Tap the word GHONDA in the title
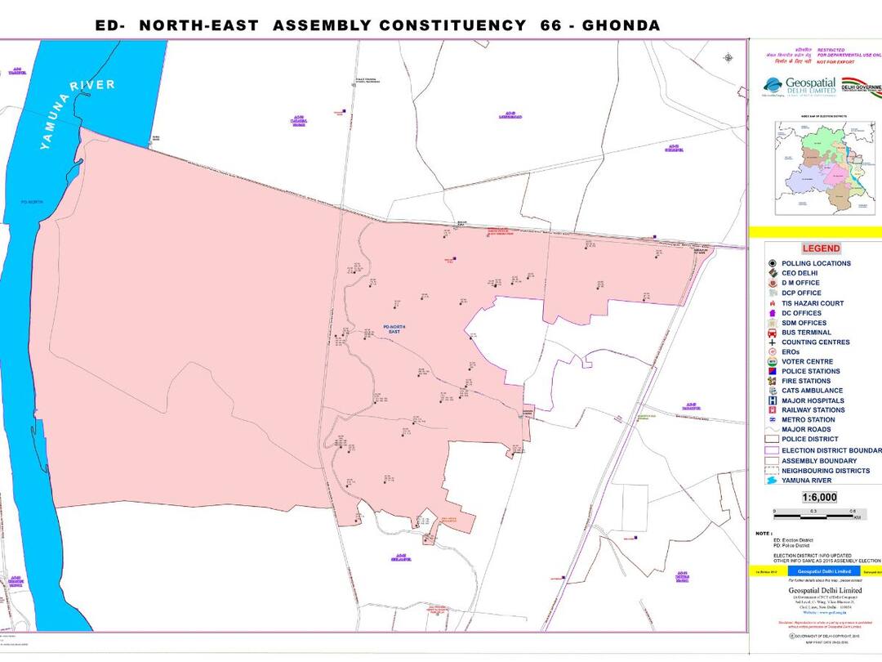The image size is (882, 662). point(620,25)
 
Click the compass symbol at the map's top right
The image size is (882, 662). point(728,57)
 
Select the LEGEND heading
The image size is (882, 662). point(820,248)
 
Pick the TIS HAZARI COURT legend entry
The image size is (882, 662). point(812,303)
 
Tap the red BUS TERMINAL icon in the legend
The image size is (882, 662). point(772,333)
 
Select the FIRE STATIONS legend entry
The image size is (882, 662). point(805,381)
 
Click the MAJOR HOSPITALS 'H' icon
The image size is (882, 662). point(772,400)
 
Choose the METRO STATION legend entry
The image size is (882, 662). point(808,420)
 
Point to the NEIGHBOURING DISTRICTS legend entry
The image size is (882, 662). point(825,471)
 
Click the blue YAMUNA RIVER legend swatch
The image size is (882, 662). point(772,481)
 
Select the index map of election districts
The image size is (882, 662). point(817,168)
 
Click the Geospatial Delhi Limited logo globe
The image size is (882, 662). point(773,85)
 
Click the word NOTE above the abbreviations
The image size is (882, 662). point(764,532)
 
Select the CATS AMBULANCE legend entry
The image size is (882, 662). point(812,391)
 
